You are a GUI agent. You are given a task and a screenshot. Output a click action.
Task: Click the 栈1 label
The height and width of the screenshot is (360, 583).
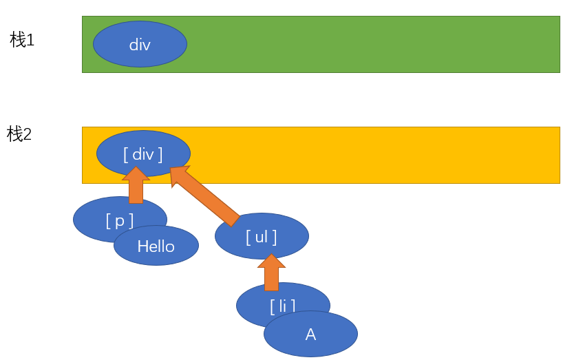point(22,40)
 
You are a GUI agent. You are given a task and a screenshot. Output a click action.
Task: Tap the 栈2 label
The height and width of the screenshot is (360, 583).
point(19,134)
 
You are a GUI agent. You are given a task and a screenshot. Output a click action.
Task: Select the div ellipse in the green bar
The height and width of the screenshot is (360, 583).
point(140,44)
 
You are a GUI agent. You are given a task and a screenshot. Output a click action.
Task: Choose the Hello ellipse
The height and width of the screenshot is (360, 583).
point(156,246)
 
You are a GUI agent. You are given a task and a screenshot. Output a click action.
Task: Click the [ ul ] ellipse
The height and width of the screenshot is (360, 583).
point(262,236)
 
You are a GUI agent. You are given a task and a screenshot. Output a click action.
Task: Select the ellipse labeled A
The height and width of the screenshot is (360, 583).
point(311,334)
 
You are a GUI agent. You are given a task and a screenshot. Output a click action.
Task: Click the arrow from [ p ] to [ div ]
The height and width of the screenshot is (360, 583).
point(136,185)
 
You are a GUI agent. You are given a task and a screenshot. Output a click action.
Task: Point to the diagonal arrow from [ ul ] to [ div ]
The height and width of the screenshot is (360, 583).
point(205,196)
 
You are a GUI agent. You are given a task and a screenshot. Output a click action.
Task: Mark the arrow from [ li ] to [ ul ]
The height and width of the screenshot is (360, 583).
point(271,273)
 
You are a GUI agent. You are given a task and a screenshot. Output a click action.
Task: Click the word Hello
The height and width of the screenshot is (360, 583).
point(156,246)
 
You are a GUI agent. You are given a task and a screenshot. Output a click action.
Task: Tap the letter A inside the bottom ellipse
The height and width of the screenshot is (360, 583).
point(311,335)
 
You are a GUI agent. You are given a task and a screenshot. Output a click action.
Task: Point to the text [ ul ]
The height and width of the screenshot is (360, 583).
point(262,237)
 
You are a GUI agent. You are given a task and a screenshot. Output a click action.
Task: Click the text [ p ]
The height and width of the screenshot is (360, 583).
point(119,221)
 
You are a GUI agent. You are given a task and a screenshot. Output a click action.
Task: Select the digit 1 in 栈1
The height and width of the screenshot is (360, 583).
point(30,40)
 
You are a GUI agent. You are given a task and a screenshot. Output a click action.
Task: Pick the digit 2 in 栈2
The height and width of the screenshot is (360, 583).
point(28,134)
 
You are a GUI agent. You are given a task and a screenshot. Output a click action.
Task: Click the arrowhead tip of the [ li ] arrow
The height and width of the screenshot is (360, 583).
point(271,255)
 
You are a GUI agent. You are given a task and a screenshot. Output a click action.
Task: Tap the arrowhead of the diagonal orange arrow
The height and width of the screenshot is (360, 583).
point(178,173)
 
